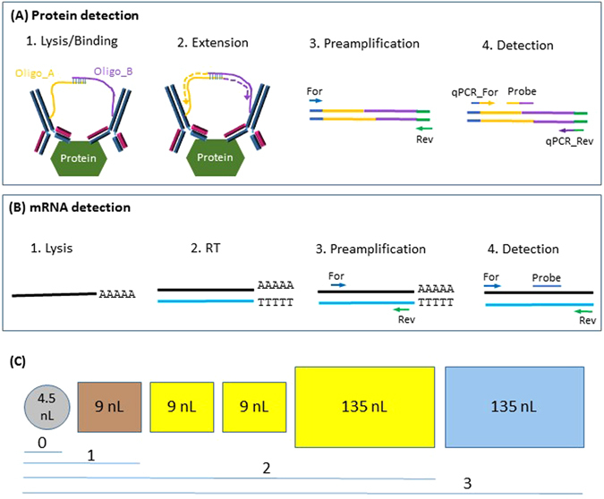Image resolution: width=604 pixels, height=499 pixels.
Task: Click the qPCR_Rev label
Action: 557,140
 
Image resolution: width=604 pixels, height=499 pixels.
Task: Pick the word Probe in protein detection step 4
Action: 523,91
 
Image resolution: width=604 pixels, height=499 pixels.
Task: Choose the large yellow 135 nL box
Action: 363,404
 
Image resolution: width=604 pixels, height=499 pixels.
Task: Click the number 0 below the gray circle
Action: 42,441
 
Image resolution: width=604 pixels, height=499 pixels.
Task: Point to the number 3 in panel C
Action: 466,484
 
